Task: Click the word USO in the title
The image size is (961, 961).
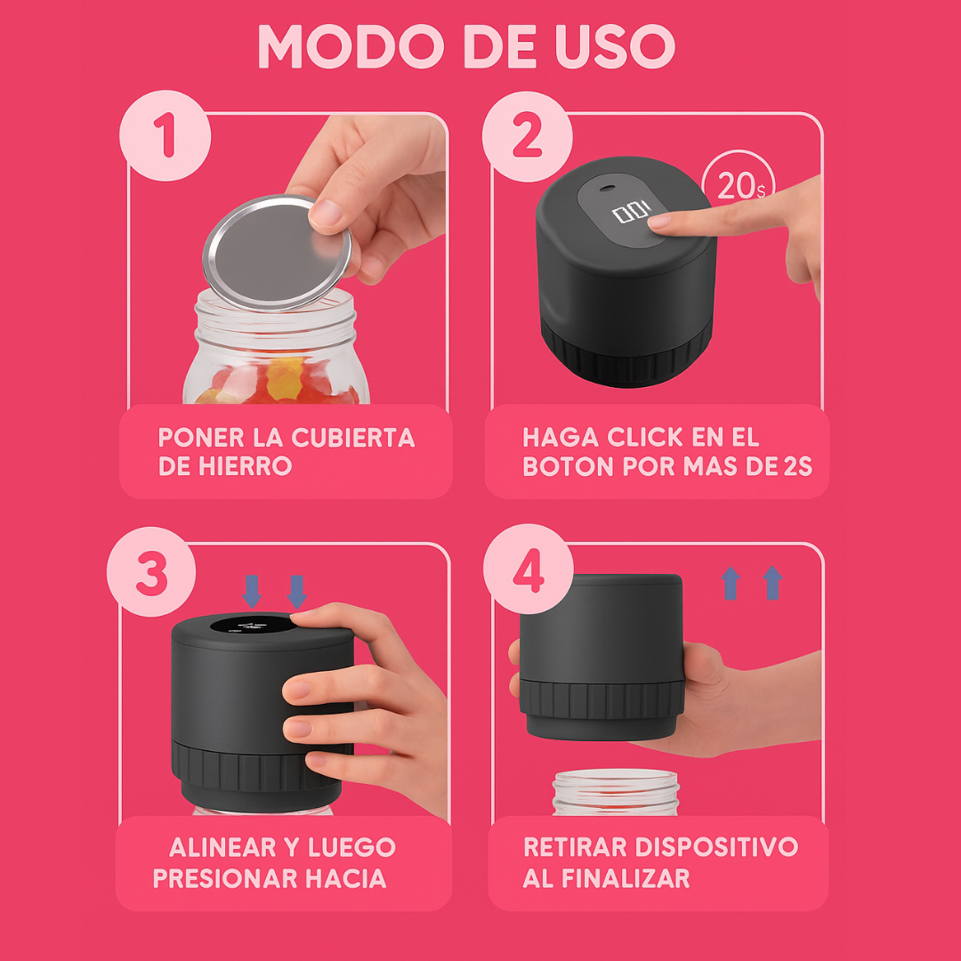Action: tap(607, 46)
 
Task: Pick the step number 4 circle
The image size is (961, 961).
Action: tap(528, 569)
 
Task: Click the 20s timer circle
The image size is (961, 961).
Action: tap(738, 186)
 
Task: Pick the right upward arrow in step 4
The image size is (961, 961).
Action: tap(772, 583)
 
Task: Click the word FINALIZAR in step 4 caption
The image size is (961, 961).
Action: tap(626, 878)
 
